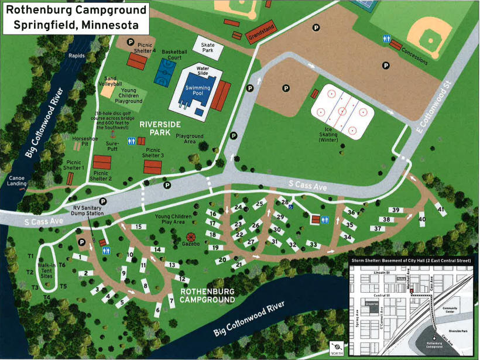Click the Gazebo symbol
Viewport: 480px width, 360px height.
(191, 238)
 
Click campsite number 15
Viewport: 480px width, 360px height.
(138, 227)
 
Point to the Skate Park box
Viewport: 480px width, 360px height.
(208, 49)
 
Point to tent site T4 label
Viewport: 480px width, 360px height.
(47, 297)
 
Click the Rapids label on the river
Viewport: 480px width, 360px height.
(77, 56)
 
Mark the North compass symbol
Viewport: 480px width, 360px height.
(336, 348)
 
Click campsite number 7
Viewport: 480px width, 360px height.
(171, 301)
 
